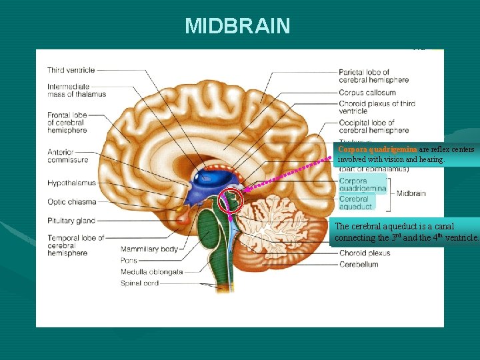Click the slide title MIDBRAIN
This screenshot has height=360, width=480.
point(237,26)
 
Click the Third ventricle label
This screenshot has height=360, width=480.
point(71,70)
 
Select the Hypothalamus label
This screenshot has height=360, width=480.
point(71,183)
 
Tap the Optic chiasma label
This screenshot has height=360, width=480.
point(72,202)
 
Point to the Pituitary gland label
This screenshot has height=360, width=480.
point(71,221)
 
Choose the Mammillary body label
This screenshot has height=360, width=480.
point(148,249)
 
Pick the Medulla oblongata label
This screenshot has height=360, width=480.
point(152,272)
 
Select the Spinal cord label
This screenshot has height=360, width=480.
point(140,283)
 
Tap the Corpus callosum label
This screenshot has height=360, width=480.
point(367,93)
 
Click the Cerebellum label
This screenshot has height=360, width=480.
point(359,265)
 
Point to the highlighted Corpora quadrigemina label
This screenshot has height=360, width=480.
point(362,185)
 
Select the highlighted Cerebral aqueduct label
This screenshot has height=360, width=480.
point(356,203)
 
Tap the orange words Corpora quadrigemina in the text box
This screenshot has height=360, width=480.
point(377,150)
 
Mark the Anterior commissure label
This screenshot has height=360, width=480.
point(67,156)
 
